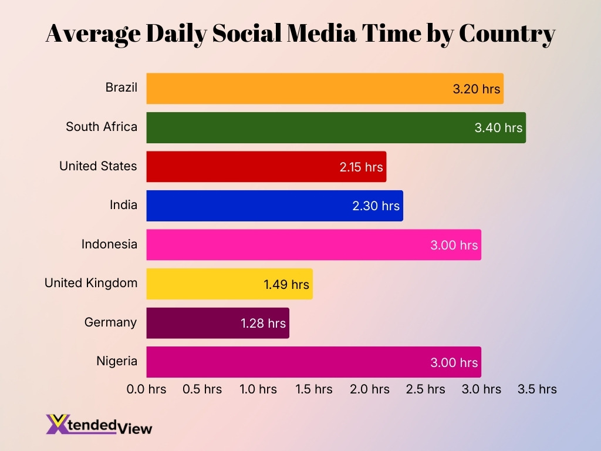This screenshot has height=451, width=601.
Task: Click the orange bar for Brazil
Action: (293, 89)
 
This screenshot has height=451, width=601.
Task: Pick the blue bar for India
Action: (247, 206)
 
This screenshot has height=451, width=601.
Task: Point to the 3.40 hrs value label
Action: (498, 127)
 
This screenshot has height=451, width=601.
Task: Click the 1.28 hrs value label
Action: (263, 323)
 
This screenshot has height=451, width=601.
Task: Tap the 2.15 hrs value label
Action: (361, 167)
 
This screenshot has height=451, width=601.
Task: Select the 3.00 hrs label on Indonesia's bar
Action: (454, 245)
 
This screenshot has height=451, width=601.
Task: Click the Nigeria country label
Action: (117, 361)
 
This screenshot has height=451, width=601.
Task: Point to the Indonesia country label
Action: (109, 244)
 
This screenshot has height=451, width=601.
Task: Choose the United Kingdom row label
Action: (91, 283)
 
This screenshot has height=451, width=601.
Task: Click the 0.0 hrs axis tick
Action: (147, 389)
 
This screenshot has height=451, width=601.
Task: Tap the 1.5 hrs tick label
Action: (314, 389)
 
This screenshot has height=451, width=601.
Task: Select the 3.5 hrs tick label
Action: (537, 389)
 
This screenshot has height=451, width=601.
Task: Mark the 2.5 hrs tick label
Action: (426, 389)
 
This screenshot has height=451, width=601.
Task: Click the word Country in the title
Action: (507, 34)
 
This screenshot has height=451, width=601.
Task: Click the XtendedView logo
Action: (99, 425)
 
